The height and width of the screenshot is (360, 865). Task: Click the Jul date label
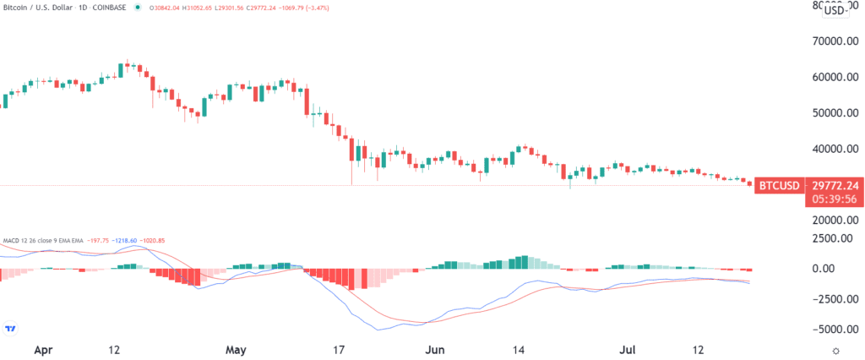point(626,348)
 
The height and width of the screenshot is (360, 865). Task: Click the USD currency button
point(835,10)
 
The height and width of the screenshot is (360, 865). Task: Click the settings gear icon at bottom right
point(835,349)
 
